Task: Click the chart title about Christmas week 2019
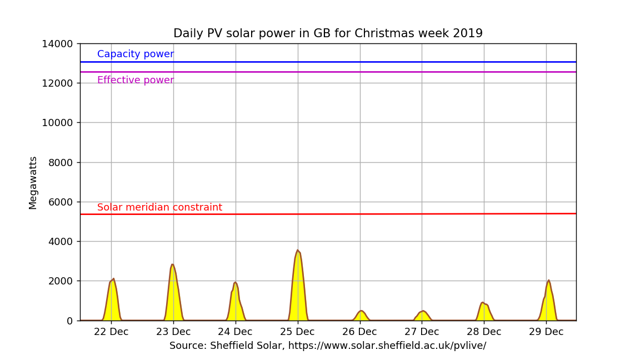[x=328, y=33]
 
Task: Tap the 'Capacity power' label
[x=136, y=54]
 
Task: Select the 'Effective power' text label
[x=136, y=80]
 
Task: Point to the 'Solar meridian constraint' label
[x=159, y=207]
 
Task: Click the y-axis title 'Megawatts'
[x=33, y=182]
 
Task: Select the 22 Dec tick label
[x=111, y=332]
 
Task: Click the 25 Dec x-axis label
[x=297, y=332]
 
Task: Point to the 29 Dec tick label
[x=546, y=332]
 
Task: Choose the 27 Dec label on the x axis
[x=422, y=332]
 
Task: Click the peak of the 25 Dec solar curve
[x=298, y=251]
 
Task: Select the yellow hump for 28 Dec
[x=484, y=312]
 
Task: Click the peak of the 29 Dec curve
[x=548, y=281]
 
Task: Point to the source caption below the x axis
[x=328, y=346]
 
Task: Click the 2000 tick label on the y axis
[x=60, y=281]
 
